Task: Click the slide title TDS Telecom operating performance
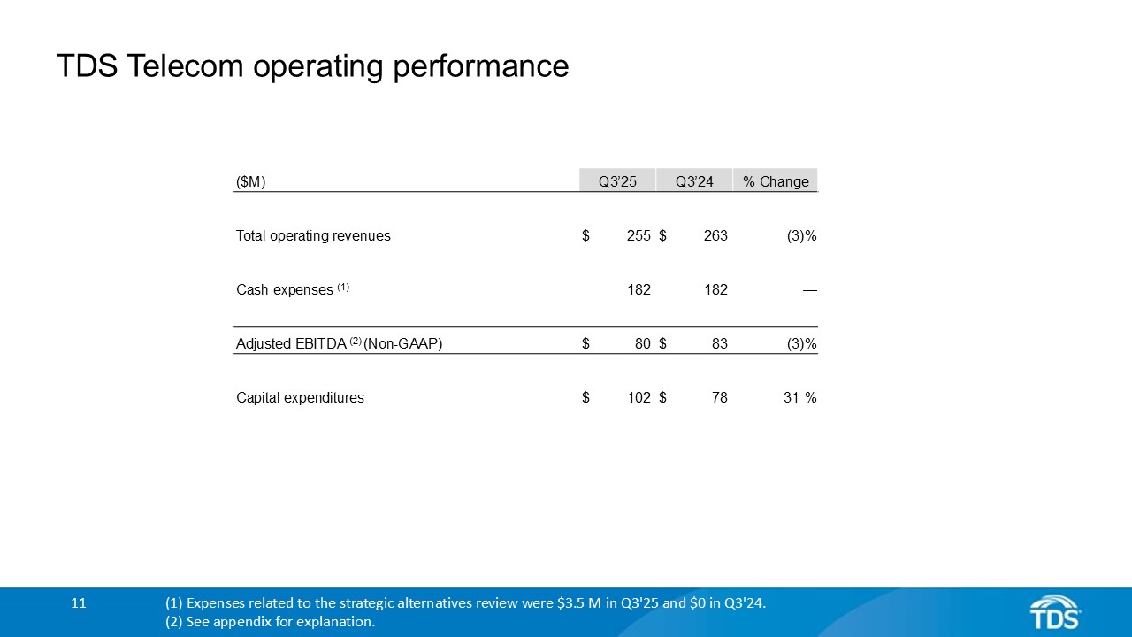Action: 312,66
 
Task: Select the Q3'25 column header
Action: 617,181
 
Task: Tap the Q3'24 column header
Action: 694,181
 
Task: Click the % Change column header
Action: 776,181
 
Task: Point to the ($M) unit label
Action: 251,181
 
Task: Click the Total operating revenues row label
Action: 313,236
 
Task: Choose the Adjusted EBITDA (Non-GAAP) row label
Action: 339,344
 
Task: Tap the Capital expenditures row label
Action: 300,398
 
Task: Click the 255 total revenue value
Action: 639,236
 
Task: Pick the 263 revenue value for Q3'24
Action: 715,236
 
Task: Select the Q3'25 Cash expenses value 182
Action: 639,289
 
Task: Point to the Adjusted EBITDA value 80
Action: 643,344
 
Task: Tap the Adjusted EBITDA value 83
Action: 719,344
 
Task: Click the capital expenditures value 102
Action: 639,398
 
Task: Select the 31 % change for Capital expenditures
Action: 799,398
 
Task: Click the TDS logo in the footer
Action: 1054,611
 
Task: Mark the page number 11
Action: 79,603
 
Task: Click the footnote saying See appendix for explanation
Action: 270,622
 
